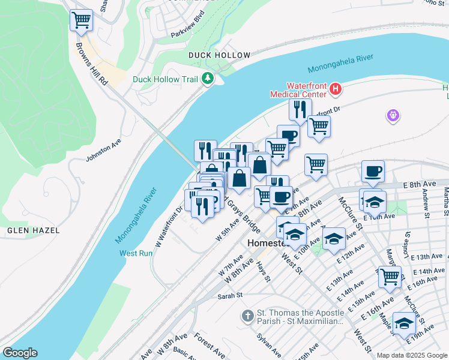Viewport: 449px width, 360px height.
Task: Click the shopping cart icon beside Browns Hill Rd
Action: [x=81, y=20]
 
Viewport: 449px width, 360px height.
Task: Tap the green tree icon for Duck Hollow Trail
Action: [x=208, y=79]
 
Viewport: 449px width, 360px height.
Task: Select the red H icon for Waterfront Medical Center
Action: [x=336, y=90]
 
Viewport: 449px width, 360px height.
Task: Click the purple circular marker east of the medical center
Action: [x=393, y=115]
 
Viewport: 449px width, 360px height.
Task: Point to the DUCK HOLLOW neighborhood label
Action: [x=219, y=55]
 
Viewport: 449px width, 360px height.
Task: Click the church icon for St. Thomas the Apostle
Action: [x=247, y=315]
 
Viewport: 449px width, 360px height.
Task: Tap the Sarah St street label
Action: [x=229, y=295]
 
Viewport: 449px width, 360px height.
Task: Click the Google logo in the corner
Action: [x=20, y=353]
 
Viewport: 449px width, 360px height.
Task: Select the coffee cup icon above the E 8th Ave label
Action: [x=373, y=172]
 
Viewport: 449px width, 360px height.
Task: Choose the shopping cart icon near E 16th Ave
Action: [x=390, y=277]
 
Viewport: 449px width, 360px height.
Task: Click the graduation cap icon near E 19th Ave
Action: [x=404, y=323]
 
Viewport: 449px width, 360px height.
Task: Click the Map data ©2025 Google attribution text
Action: [x=411, y=355]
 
